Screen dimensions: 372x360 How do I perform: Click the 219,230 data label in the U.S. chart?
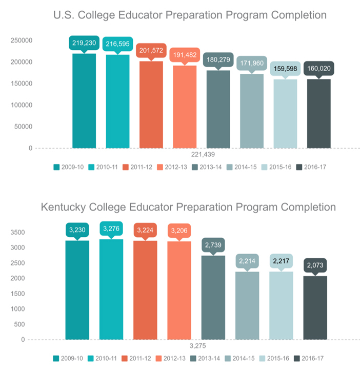(x=84, y=44)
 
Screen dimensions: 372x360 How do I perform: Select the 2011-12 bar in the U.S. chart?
(x=151, y=105)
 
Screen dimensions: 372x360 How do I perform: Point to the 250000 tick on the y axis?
(x=23, y=40)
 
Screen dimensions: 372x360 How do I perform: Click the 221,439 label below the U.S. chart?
(x=201, y=154)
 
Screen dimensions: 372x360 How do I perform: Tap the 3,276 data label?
(x=111, y=229)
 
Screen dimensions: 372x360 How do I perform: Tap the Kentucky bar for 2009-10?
(x=77, y=290)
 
